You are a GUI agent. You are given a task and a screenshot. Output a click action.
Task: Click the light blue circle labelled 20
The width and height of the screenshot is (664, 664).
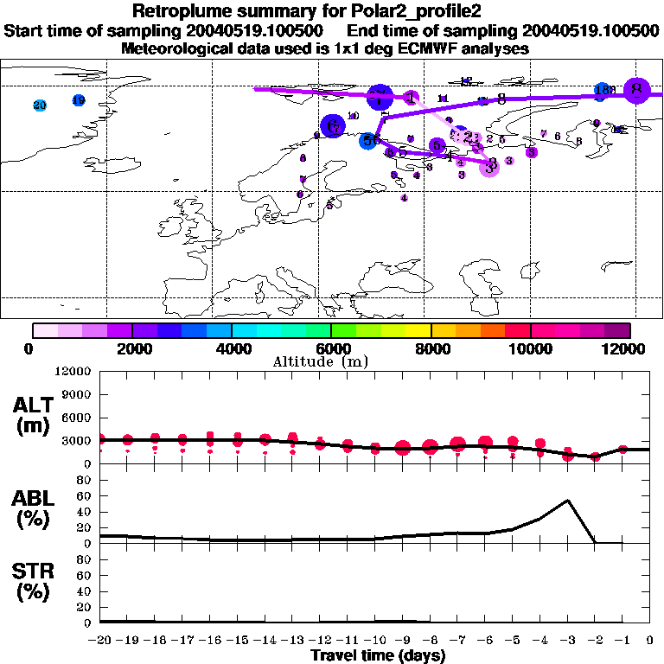click(x=39, y=105)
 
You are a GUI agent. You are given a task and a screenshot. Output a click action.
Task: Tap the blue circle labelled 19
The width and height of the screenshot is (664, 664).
click(x=79, y=100)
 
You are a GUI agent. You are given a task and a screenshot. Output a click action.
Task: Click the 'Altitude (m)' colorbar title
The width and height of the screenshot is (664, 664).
click(x=331, y=361)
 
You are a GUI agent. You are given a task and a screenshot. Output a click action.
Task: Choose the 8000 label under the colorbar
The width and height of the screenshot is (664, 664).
click(x=430, y=348)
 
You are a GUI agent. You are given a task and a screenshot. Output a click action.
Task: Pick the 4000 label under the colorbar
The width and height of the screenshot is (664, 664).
click(x=231, y=348)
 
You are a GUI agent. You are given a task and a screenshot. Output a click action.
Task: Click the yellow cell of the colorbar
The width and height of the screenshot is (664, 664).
click(x=418, y=330)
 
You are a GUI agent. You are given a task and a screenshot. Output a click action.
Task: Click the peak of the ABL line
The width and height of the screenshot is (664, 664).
click(x=567, y=500)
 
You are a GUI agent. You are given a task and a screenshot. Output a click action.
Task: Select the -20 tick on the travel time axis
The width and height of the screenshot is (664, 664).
click(x=101, y=641)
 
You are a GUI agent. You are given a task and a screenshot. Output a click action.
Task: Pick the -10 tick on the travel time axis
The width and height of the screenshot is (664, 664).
click(x=374, y=641)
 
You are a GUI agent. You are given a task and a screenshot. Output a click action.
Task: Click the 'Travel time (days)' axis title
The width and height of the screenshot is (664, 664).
click(x=378, y=656)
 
